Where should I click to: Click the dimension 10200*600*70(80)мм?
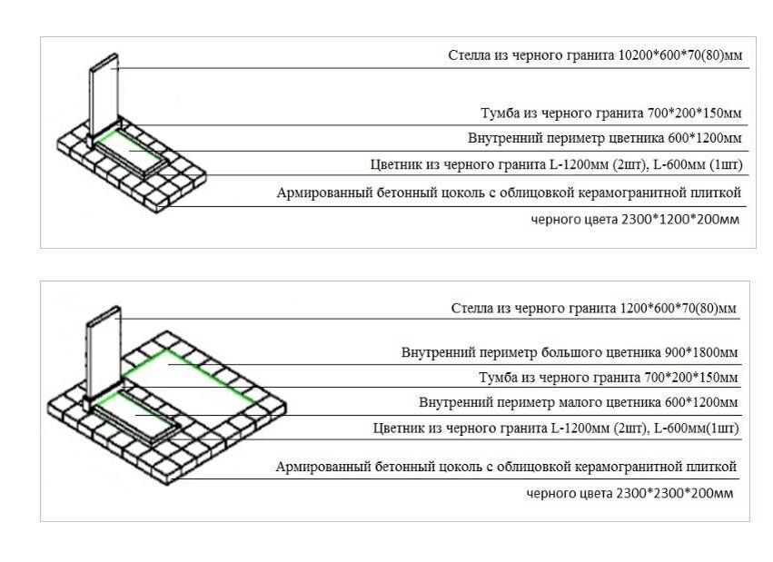[x=680, y=55]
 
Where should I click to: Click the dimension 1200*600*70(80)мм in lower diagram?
[x=679, y=308]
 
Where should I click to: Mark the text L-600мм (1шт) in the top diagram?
[x=703, y=165]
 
